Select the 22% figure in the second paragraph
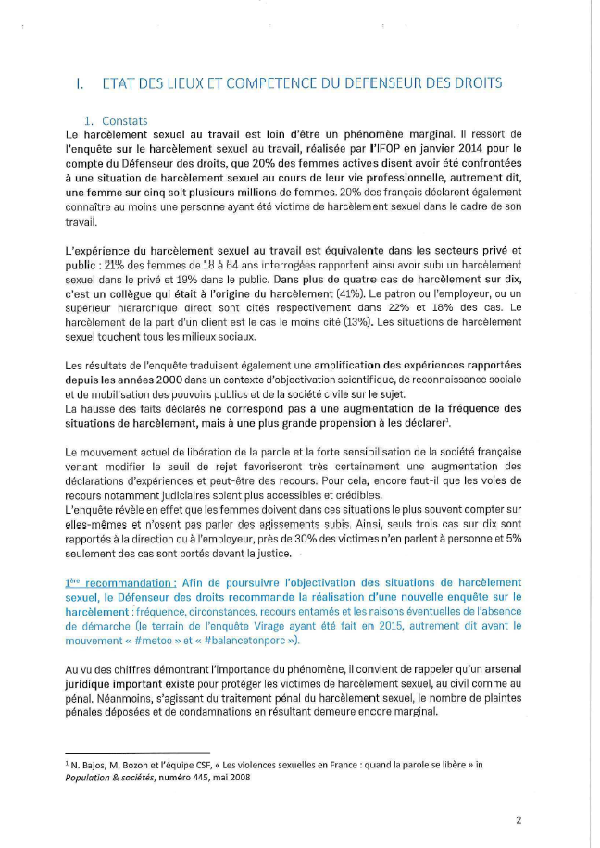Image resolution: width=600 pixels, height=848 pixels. coord(431,306)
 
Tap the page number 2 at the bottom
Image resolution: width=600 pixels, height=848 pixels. coord(519,819)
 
